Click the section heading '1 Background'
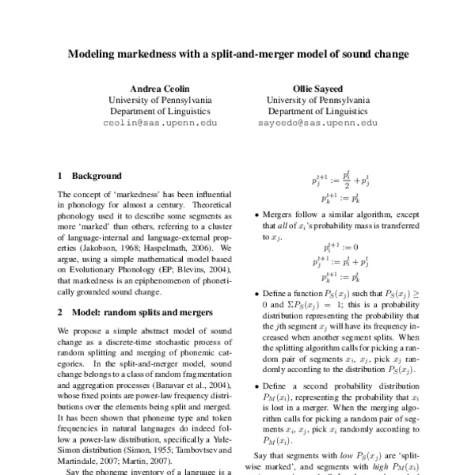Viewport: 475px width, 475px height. pyautogui.click(x=90, y=176)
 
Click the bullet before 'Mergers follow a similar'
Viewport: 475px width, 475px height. pyautogui.click(x=255, y=214)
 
